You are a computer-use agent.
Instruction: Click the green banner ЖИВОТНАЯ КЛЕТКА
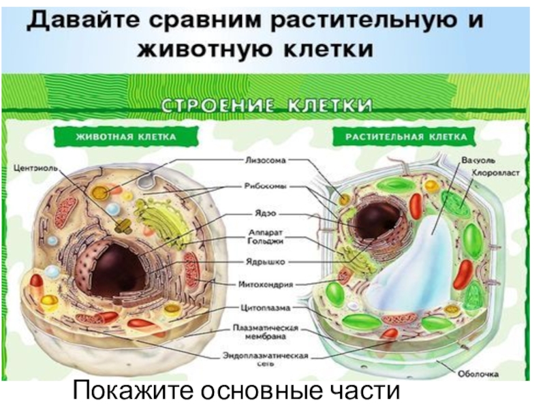pyautogui.click(x=125, y=137)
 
